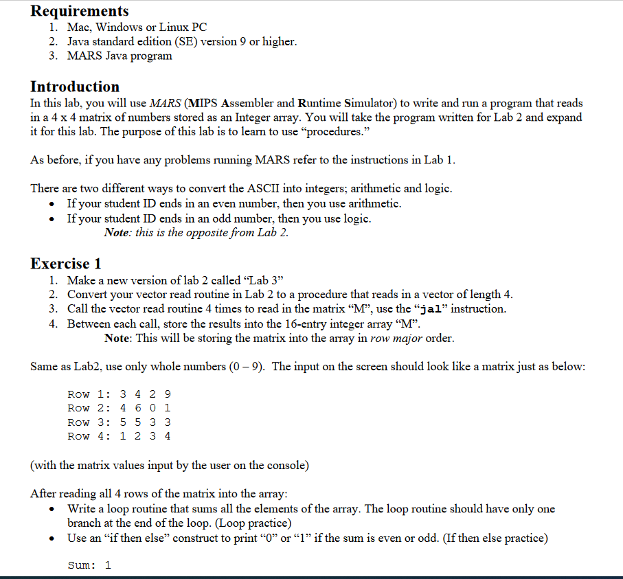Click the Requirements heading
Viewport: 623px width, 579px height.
click(x=80, y=11)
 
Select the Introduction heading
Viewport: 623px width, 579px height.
click(x=75, y=87)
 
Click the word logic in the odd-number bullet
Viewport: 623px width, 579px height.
click(x=356, y=218)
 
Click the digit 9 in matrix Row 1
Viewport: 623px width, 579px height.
click(x=168, y=394)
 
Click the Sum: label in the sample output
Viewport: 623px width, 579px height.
click(x=82, y=565)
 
